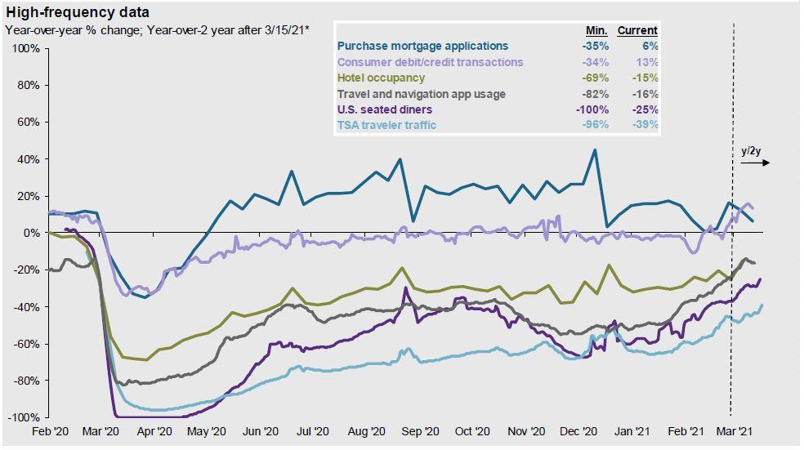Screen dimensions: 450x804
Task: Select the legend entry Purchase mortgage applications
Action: point(422,47)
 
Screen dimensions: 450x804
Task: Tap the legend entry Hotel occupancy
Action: point(381,78)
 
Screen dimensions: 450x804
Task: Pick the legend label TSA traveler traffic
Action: point(386,125)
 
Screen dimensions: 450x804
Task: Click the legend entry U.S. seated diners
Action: point(385,109)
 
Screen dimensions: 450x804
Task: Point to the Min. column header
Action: point(596,30)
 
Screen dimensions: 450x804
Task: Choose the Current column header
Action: point(637,30)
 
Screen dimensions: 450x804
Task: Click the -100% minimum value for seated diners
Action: point(592,109)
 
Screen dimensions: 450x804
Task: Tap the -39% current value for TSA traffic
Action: point(645,125)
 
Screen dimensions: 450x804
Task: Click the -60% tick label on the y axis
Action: point(27,344)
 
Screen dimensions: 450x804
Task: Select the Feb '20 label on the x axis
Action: point(49,432)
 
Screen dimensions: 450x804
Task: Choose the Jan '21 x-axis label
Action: point(632,432)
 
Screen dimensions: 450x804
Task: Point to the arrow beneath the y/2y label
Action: point(755,163)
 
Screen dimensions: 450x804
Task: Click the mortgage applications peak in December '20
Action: point(594,150)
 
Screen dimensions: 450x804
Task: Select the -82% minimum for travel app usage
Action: point(596,94)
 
